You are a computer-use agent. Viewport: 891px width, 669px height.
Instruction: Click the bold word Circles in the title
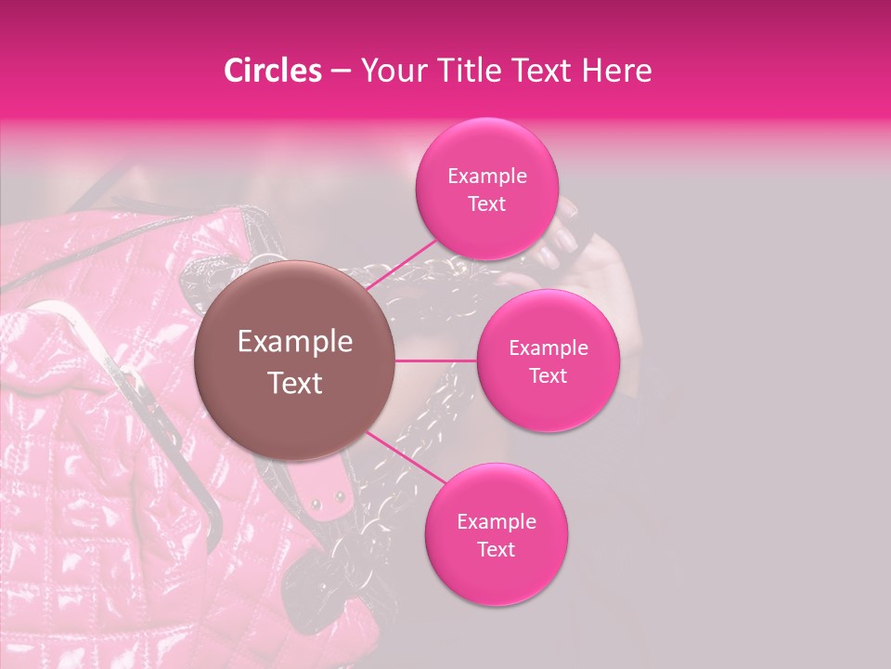click(273, 71)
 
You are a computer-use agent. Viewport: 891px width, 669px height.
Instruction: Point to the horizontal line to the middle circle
click(436, 361)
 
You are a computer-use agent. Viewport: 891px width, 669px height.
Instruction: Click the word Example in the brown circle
click(295, 342)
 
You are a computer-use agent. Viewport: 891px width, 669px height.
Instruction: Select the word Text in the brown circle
click(295, 382)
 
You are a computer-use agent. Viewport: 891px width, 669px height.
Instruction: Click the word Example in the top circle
click(486, 177)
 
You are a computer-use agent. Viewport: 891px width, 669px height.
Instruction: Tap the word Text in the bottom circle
click(496, 549)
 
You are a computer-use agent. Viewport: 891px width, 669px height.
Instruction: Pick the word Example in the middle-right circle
click(548, 348)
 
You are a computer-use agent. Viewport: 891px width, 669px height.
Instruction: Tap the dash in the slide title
click(340, 71)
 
